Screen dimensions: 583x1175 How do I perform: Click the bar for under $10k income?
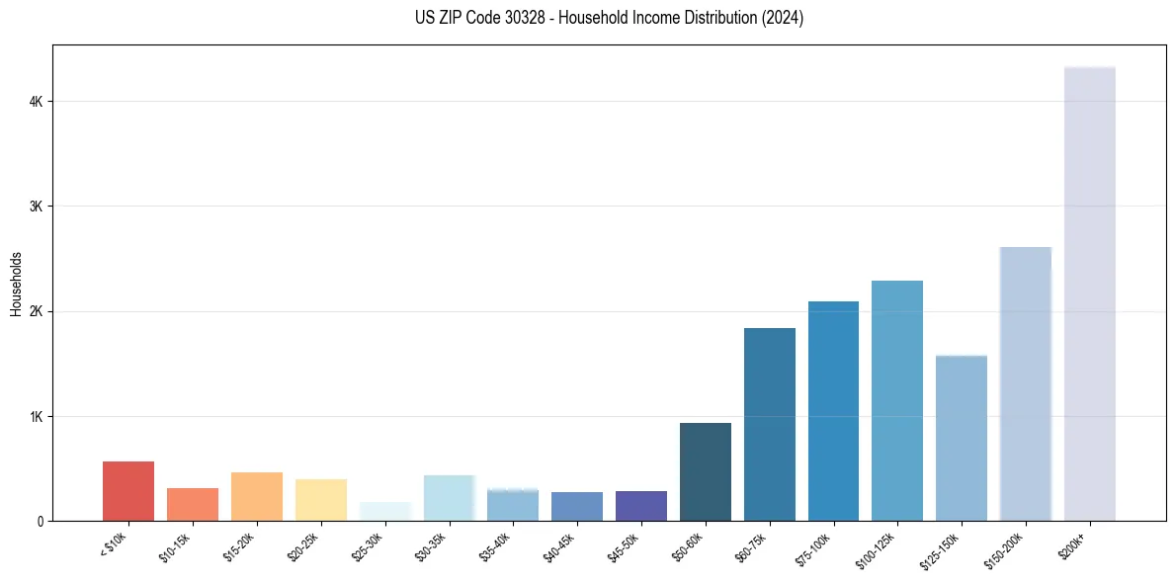pyautogui.click(x=128, y=491)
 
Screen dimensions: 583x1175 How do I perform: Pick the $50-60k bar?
pyautogui.click(x=706, y=471)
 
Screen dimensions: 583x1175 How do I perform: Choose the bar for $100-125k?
pyautogui.click(x=897, y=400)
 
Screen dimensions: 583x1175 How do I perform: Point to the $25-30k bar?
pyautogui.click(x=385, y=512)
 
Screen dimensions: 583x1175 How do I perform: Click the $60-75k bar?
pyautogui.click(x=770, y=424)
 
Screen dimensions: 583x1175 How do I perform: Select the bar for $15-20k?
pyautogui.click(x=257, y=496)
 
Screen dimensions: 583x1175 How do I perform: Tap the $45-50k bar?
pyautogui.click(x=641, y=506)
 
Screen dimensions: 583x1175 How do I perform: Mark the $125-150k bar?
pyautogui.click(x=962, y=438)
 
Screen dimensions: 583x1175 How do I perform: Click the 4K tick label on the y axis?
pyautogui.click(x=36, y=102)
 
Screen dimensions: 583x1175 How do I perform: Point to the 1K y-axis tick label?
pyautogui.click(x=36, y=416)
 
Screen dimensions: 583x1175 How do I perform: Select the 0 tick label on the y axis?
pyautogui.click(x=41, y=521)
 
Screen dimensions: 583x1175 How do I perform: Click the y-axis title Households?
pyautogui.click(x=16, y=284)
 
